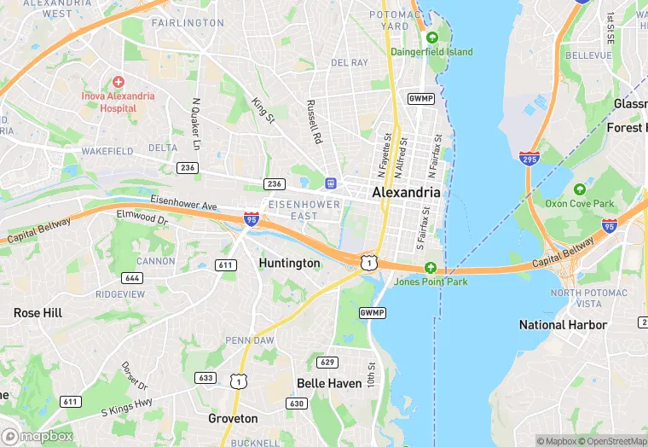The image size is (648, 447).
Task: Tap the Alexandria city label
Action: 406,193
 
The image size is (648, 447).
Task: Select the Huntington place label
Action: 289,263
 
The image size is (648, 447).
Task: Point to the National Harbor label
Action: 563,324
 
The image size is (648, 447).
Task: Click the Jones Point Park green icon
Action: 431,267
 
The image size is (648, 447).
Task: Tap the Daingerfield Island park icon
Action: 432,38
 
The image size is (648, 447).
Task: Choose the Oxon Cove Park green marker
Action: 580,189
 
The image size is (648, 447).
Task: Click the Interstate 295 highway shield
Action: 529,158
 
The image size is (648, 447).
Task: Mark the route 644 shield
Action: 132,278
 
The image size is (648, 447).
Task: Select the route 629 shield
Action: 328,363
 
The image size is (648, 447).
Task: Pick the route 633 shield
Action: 205,377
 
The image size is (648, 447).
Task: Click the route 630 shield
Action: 297,403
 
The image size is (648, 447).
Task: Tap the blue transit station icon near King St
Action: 330,183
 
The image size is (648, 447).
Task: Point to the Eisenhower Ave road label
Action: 184,204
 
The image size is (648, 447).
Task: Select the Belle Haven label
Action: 329,383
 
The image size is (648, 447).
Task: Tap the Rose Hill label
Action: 38,313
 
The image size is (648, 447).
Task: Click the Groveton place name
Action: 233,419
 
